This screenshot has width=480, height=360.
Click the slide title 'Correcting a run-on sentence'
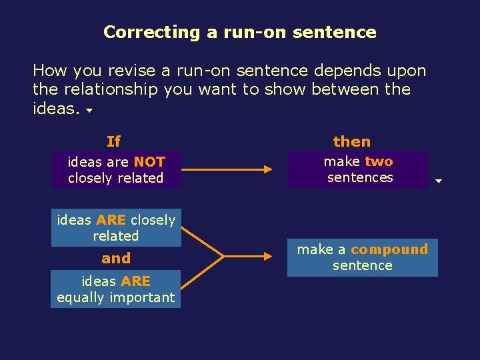tap(240, 32)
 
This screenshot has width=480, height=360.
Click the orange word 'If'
tap(114, 141)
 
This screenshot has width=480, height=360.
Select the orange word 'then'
tap(352, 141)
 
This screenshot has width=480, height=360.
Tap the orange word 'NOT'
tap(149, 161)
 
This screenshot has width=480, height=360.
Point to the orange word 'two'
tap(379, 161)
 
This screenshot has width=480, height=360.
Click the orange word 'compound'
tap(389, 249)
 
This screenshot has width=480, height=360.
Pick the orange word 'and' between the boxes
tap(116, 258)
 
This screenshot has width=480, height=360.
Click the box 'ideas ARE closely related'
tap(116, 227)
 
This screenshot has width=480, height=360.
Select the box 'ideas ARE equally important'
tap(116, 289)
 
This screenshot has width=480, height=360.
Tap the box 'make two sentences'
tap(358, 169)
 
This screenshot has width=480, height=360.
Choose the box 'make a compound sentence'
tap(363, 257)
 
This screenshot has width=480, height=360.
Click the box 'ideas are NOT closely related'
tap(116, 169)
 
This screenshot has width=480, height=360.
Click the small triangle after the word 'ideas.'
tap(89, 111)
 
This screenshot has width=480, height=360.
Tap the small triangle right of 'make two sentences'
tap(439, 181)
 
